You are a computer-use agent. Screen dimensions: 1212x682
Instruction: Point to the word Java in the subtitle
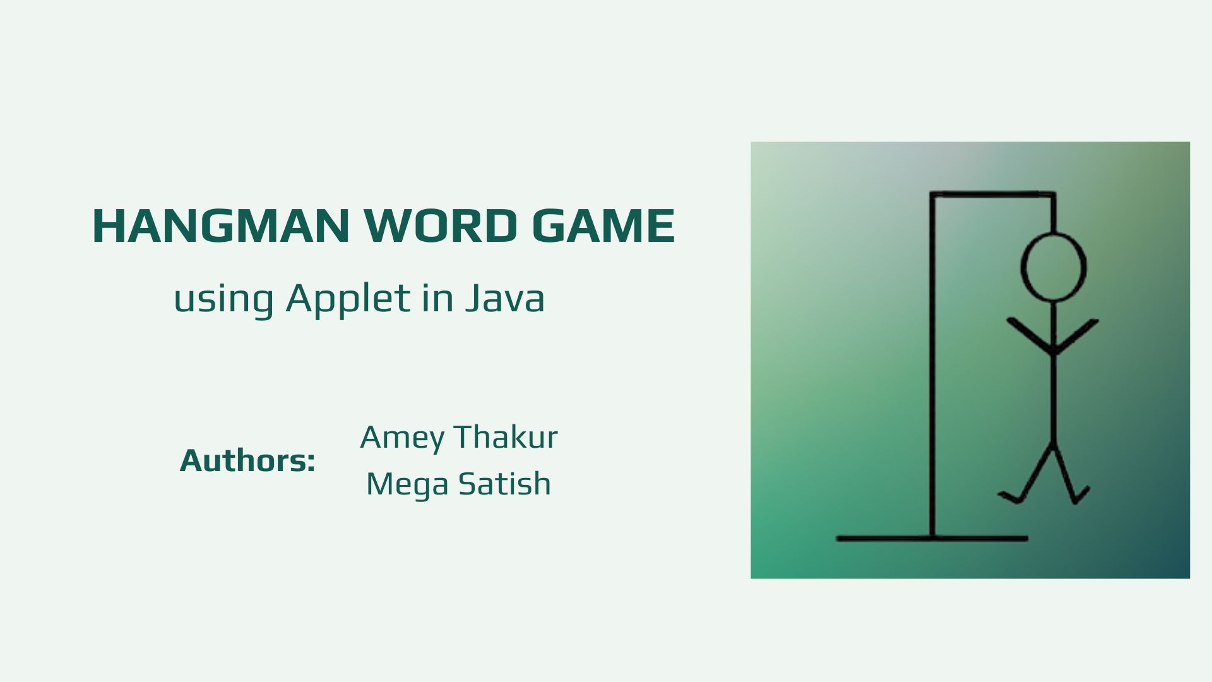pos(505,297)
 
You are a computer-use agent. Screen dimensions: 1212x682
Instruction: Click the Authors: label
pos(247,460)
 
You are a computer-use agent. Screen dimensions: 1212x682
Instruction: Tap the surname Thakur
pos(506,437)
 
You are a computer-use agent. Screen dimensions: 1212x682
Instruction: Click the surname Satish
pos(504,484)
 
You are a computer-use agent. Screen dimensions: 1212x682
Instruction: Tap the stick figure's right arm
pos(1076,335)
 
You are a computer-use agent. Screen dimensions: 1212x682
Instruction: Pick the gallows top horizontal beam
pos(993,194)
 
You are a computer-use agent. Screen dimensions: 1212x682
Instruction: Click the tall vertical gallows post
pos(932,365)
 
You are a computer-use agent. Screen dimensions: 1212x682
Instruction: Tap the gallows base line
pos(932,539)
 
